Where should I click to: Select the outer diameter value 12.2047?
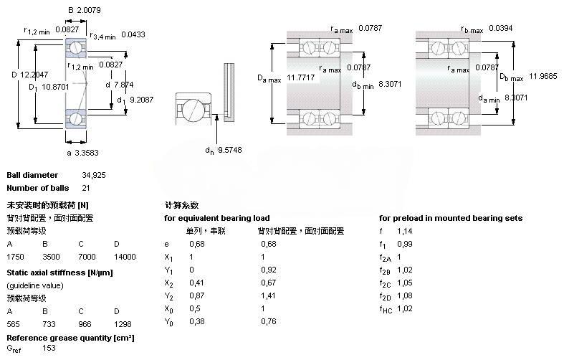coord(34,74)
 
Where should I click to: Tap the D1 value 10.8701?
coord(46,87)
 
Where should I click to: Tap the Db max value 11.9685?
coord(543,75)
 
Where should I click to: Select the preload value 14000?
coord(125,256)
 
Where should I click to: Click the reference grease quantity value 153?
coord(49,349)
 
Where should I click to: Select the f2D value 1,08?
coord(406,295)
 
